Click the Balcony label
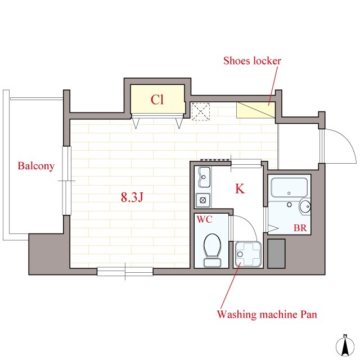(36, 166)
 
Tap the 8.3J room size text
(132, 197)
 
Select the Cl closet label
(157, 100)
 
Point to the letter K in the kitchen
(240, 189)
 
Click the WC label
(204, 219)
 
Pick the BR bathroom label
(300, 228)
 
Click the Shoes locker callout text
(252, 61)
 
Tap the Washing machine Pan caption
(267, 314)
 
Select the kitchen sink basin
(204, 177)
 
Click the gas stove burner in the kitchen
(202, 200)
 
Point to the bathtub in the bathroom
(289, 187)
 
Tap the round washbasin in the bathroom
(305, 206)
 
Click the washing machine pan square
(248, 254)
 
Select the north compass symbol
(345, 346)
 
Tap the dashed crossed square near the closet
(201, 111)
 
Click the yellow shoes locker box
(256, 110)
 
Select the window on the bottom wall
(125, 271)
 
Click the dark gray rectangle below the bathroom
(276, 254)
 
